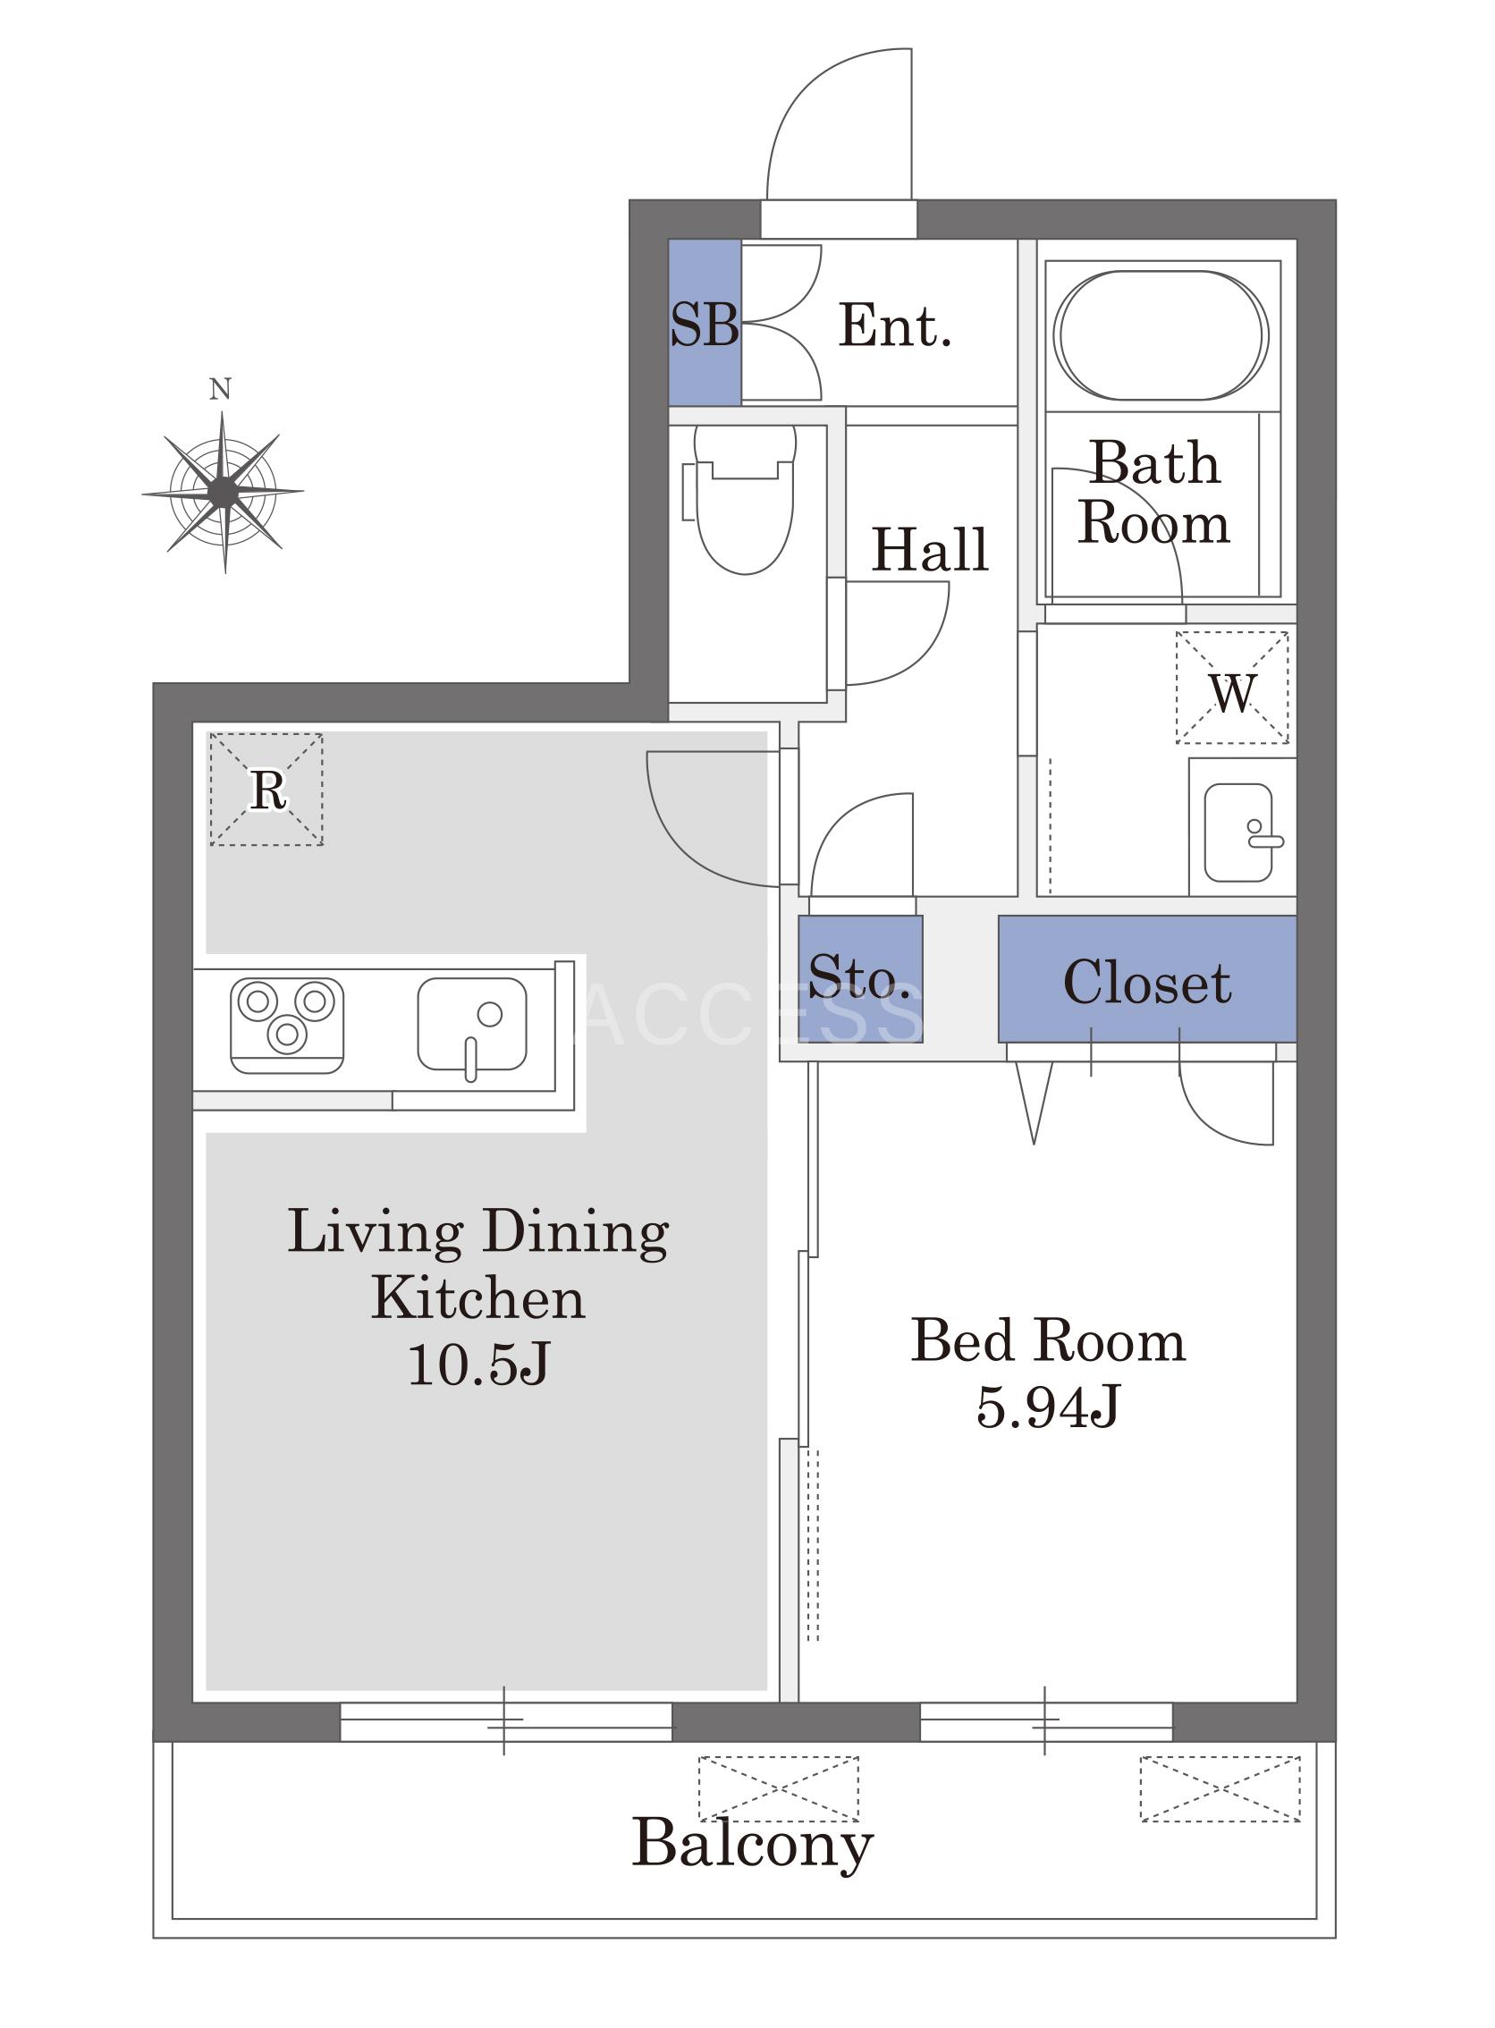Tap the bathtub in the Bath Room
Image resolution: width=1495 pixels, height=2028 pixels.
click(x=1161, y=334)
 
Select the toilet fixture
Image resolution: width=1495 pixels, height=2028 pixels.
click(x=741, y=500)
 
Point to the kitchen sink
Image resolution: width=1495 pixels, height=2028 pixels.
click(x=471, y=1026)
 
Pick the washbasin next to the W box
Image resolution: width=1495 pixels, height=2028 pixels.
click(x=1240, y=832)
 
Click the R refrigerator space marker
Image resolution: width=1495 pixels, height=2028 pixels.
click(x=266, y=790)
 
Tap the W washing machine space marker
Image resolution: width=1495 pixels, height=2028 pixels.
click(x=1231, y=688)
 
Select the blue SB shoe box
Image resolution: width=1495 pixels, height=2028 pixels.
click(x=704, y=322)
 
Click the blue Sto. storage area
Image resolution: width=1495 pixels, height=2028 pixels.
click(x=860, y=978)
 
